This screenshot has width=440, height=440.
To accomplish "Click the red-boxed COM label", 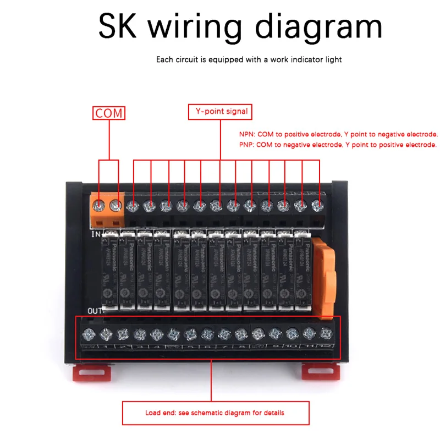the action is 108,113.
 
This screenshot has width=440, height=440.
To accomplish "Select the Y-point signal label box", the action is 220,112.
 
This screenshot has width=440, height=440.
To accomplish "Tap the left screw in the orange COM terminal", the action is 100,206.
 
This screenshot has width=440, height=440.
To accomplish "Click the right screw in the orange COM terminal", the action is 115,206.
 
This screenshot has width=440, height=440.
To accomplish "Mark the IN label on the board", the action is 95,234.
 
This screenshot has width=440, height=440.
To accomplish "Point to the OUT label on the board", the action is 95,310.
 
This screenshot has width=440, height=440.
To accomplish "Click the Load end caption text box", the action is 215,413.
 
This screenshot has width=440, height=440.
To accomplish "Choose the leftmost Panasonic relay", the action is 109,269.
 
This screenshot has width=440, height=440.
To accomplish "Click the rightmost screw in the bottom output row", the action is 327,333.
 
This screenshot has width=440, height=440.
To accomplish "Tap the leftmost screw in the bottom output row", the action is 89,333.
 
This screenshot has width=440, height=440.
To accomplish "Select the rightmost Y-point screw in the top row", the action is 317,206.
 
